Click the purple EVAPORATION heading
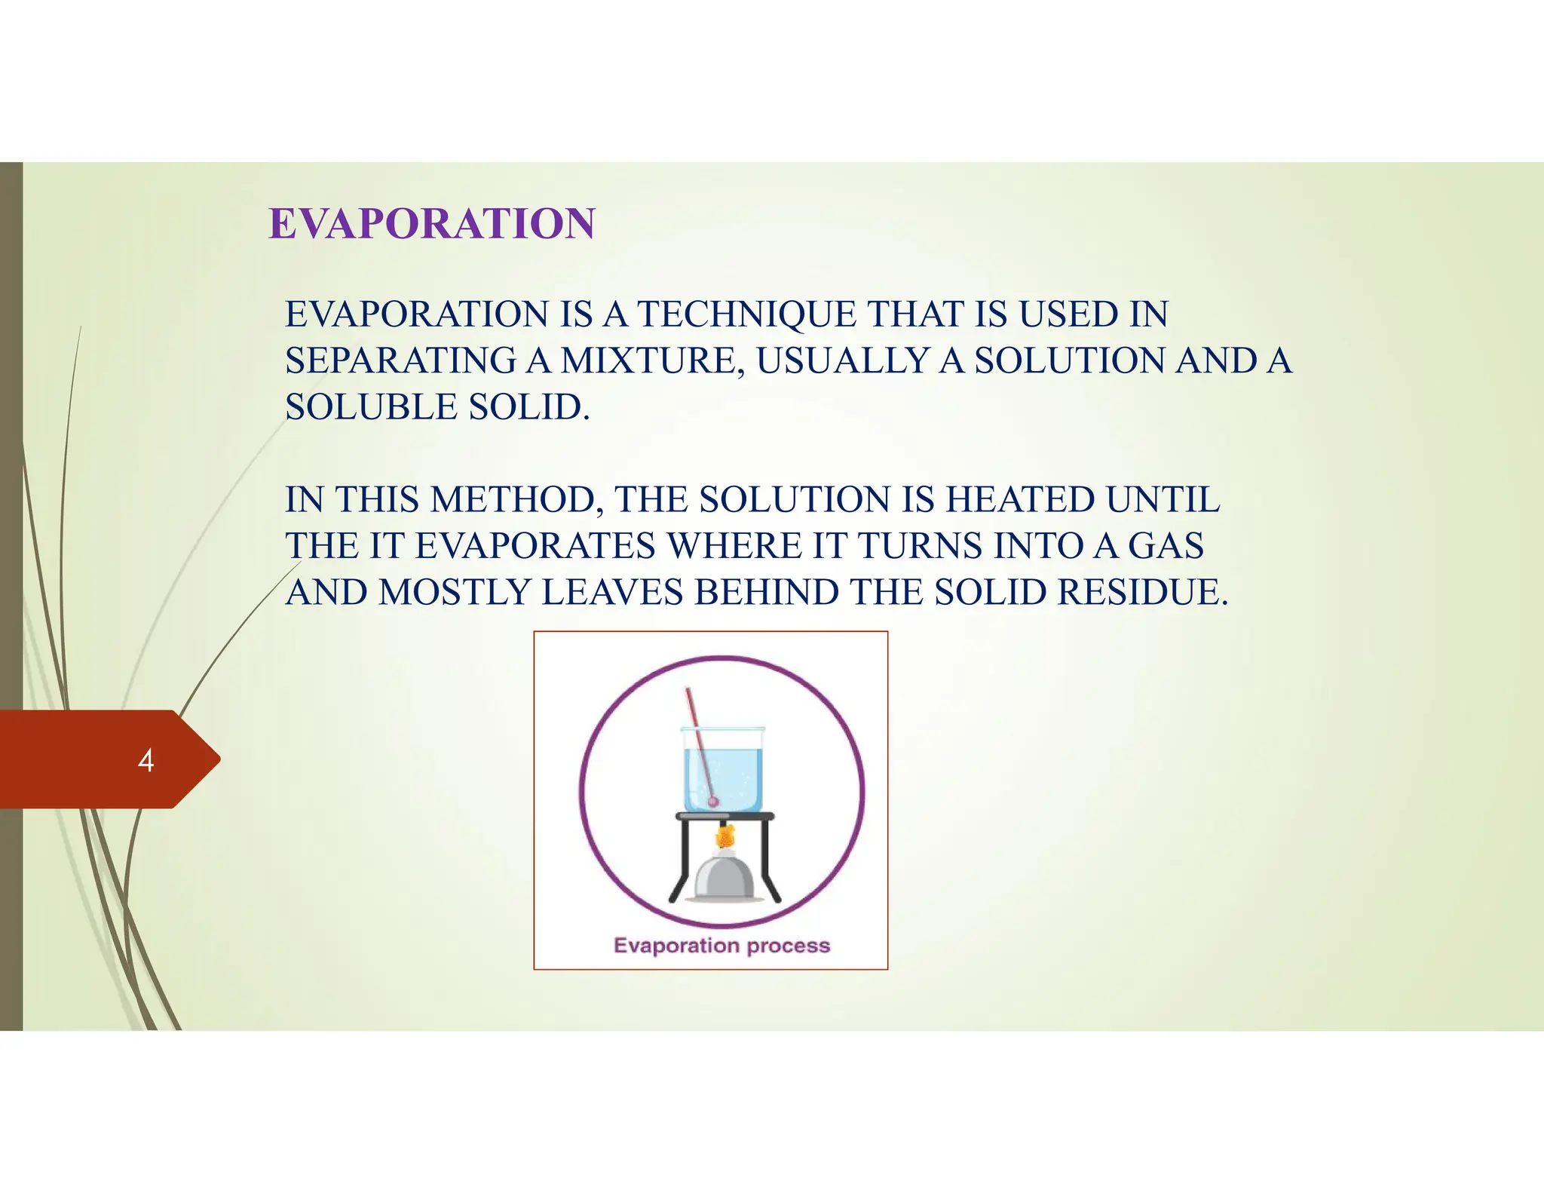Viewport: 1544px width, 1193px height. (x=432, y=224)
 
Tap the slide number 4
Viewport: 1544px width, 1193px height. (x=146, y=760)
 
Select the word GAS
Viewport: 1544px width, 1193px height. (x=1166, y=546)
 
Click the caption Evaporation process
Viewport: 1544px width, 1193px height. (x=721, y=946)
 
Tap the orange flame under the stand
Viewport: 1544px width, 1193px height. (x=725, y=836)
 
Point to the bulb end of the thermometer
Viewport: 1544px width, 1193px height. (x=712, y=802)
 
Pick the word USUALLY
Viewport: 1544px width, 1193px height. (x=843, y=360)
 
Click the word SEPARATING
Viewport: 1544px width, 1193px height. (x=400, y=360)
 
